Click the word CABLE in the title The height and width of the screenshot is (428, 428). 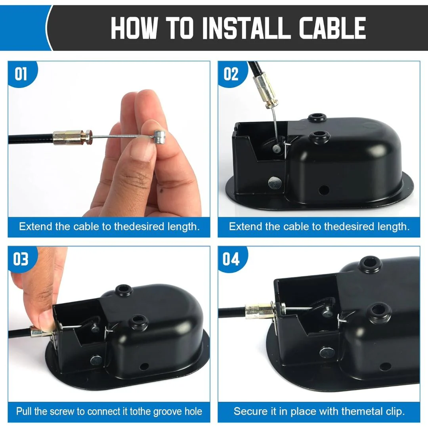tap(332, 28)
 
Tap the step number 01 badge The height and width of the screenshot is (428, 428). tap(21, 74)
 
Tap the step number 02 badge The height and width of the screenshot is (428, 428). tap(231, 74)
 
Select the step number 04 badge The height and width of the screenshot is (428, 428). tap(231, 259)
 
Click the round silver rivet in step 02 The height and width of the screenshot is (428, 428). tap(275, 183)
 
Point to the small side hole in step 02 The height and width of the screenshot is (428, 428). tap(324, 189)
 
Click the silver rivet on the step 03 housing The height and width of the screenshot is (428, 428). tap(96, 361)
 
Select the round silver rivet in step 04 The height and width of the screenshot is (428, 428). tap(327, 353)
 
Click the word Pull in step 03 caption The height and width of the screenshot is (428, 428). tap(24, 411)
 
